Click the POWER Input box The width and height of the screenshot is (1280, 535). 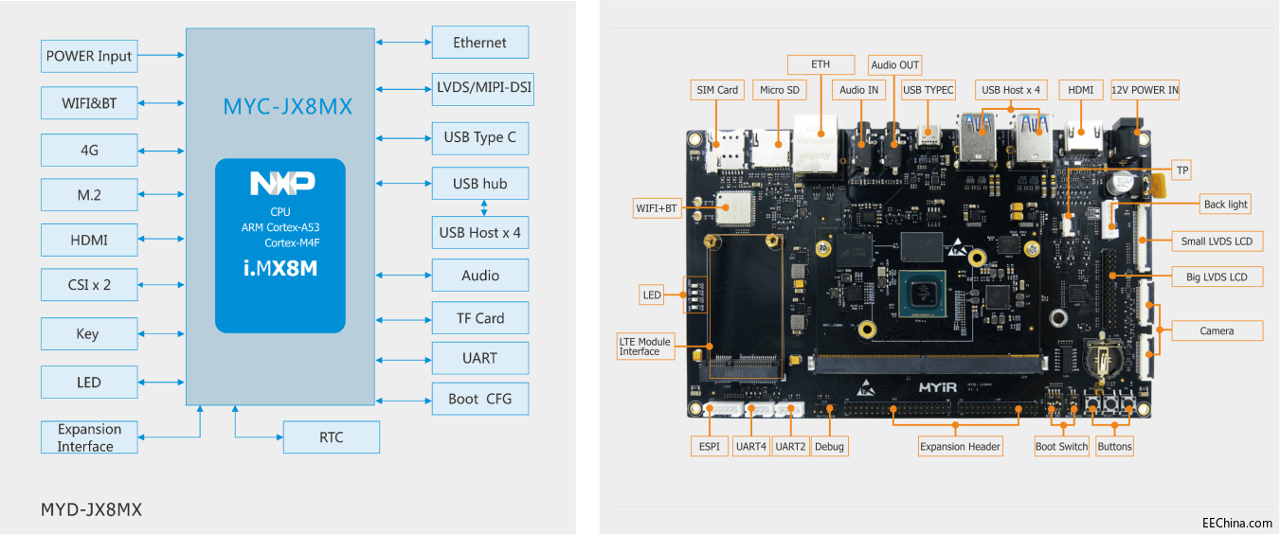(89, 56)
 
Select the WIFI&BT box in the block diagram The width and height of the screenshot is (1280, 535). (89, 103)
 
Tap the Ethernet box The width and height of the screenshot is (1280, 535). (479, 43)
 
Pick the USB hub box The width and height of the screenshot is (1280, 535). (479, 184)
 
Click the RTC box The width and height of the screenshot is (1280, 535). (332, 437)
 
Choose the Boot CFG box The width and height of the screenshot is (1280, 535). (479, 399)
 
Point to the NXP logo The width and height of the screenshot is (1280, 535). (281, 184)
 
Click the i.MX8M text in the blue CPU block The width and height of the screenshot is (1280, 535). (280, 268)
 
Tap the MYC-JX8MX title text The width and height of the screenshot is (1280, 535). (287, 107)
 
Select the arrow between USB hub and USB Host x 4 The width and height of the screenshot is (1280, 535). (484, 207)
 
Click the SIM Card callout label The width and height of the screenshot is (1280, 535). (717, 90)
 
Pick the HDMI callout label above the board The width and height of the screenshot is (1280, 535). (1080, 90)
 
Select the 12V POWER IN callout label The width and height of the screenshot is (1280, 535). (1145, 90)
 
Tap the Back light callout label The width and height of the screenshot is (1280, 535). (1225, 204)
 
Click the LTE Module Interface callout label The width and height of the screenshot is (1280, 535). (645, 347)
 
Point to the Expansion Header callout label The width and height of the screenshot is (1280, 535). (961, 446)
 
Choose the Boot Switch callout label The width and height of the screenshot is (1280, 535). (1061, 446)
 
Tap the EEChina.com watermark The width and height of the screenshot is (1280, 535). (1236, 523)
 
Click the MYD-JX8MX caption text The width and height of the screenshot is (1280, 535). (91, 509)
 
